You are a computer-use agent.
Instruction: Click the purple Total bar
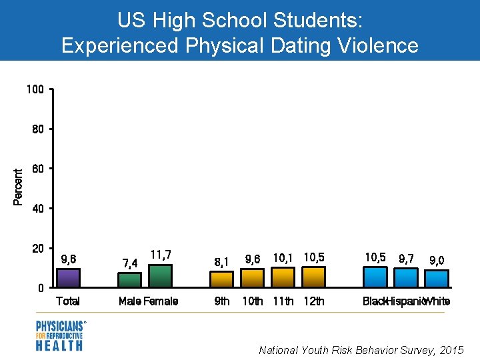coord(68,278)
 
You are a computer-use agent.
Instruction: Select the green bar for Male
coord(130,280)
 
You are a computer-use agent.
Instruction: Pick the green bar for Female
coord(160,276)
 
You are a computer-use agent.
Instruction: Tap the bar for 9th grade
coord(222,279)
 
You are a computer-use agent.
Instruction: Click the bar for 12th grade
coord(314,277)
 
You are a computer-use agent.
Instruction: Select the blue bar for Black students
coord(375,277)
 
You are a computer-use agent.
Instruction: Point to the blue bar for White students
coord(437,279)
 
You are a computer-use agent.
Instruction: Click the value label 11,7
coord(161,255)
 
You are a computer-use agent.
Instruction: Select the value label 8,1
coord(222,261)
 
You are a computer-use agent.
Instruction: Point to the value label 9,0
coord(437,260)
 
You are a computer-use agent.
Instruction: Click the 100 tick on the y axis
coord(35,89)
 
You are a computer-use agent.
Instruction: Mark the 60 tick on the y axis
coord(38,169)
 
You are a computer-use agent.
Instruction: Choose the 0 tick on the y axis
coord(41,289)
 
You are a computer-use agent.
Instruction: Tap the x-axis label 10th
coord(253,301)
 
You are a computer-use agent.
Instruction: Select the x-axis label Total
coord(68,301)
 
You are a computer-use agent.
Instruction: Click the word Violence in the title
coord(372,45)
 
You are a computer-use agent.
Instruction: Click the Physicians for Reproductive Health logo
coord(60,335)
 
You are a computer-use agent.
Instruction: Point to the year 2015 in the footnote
coord(451,350)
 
